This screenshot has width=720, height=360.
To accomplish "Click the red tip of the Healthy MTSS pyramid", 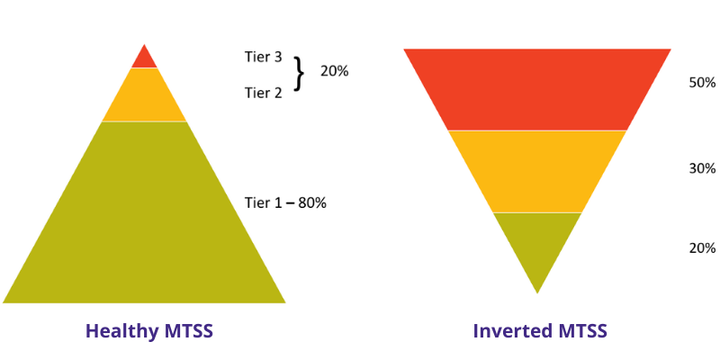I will [144, 58].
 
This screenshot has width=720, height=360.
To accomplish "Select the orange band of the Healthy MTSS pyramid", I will [144, 96].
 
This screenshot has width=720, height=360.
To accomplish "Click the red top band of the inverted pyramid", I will [537, 89].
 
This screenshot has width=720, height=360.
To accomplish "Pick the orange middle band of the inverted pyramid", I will [537, 171].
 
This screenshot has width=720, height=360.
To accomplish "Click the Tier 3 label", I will [264, 58].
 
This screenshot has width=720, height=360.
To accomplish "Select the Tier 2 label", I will [264, 92].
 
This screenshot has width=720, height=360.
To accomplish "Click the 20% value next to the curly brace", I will [334, 71].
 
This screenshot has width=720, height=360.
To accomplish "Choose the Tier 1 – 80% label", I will [285, 202].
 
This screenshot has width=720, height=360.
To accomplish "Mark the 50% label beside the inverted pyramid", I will [702, 83].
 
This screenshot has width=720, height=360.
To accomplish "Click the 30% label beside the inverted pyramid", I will [702, 168].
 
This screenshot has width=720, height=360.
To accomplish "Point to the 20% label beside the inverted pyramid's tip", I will [702, 248].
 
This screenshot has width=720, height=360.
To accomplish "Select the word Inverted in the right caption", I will [509, 331].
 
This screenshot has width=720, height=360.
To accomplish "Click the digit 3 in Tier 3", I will [278, 58].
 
